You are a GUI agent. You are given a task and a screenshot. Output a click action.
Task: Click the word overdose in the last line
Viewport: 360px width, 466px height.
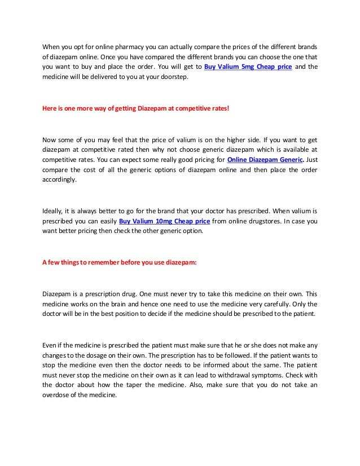[57, 395]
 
